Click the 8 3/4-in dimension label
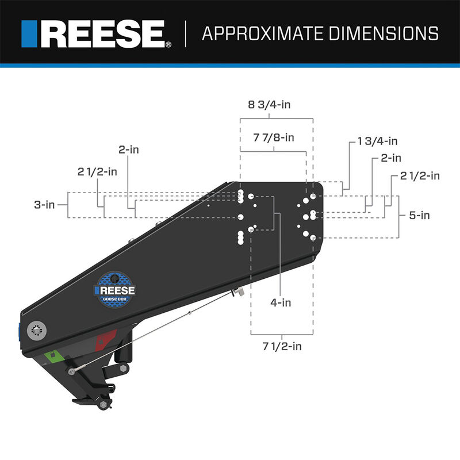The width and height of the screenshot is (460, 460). pos(276,105)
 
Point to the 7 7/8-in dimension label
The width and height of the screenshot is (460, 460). pos(274,138)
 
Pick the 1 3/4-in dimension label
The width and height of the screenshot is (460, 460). pos(377,141)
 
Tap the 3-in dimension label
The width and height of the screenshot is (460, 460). pos(44,204)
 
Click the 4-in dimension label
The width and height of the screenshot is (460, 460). pos(281,301)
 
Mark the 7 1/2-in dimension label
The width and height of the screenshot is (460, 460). pos(281,347)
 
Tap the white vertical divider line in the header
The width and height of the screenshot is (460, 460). pos(186,33)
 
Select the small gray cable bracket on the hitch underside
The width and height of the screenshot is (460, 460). pos(237,293)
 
